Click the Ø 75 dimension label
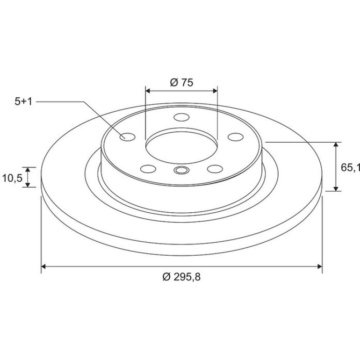coord(181,82)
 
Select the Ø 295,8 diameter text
coord(181,277)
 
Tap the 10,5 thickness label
coord(12,178)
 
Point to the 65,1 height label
coord(350,167)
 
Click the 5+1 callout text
coord(23,101)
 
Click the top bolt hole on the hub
coord(181,117)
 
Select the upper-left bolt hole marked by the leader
coord(128,137)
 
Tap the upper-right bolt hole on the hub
coord(236,137)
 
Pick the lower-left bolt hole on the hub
coord(148,169)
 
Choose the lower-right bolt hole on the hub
coord(215,169)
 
